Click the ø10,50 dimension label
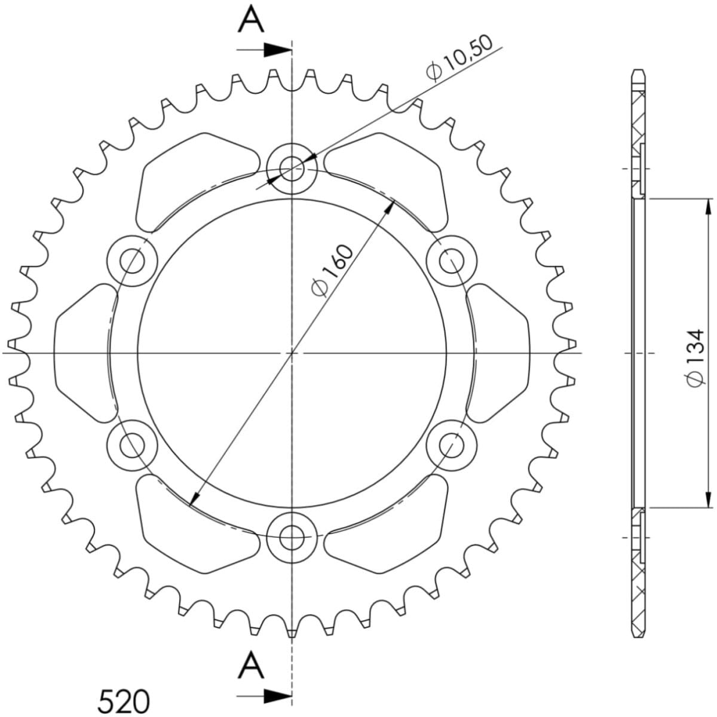(459, 58)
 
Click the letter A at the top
(251, 20)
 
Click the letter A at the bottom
(251, 665)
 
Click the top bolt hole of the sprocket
(292, 168)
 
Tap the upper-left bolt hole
(132, 261)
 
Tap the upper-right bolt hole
(452, 261)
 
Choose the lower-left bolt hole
(132, 445)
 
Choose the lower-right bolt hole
(452, 445)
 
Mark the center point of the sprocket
(292, 353)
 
